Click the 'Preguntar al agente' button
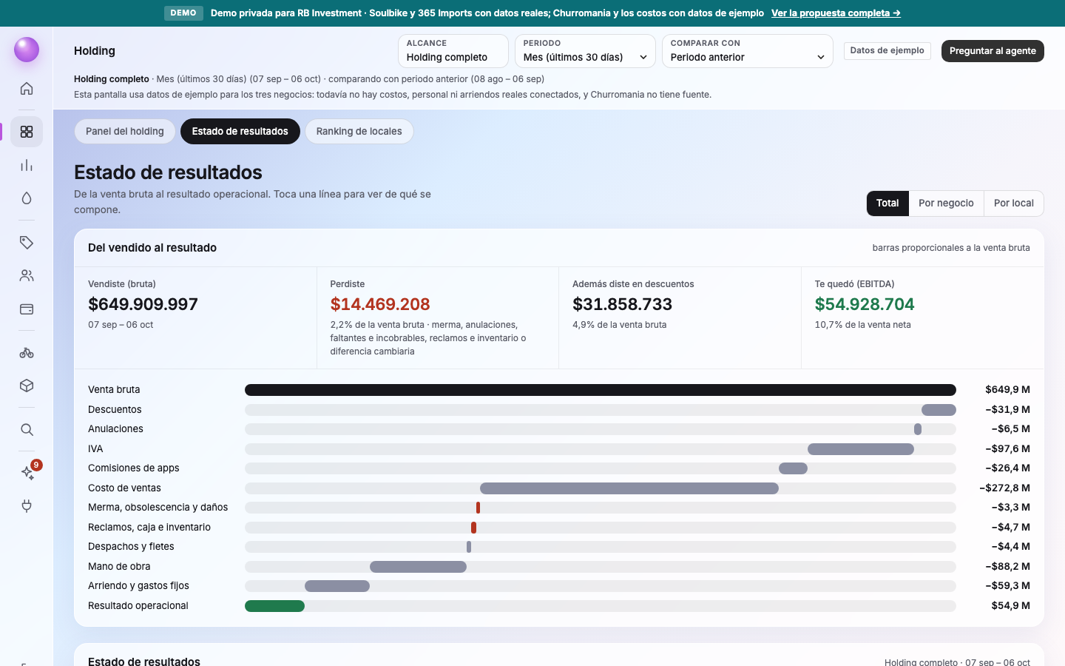tap(993, 51)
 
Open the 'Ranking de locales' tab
tap(359, 131)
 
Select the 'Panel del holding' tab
tap(124, 131)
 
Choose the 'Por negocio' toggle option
tap(946, 203)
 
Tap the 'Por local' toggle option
tap(1014, 203)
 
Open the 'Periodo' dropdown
tap(585, 51)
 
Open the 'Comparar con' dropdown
tap(748, 51)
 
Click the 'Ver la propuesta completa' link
tap(836, 13)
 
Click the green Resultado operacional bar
tap(274, 605)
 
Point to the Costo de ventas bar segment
tap(629, 488)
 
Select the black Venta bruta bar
tap(600, 390)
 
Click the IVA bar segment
tap(861, 448)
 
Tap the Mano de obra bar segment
tap(418, 567)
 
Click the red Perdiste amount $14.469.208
tap(380, 304)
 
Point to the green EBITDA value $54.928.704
tap(865, 304)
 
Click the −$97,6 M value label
tap(1007, 448)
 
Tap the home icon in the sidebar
tap(27, 89)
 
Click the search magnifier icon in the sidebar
tap(27, 429)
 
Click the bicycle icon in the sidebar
tap(27, 353)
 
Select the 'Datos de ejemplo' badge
tap(887, 50)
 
